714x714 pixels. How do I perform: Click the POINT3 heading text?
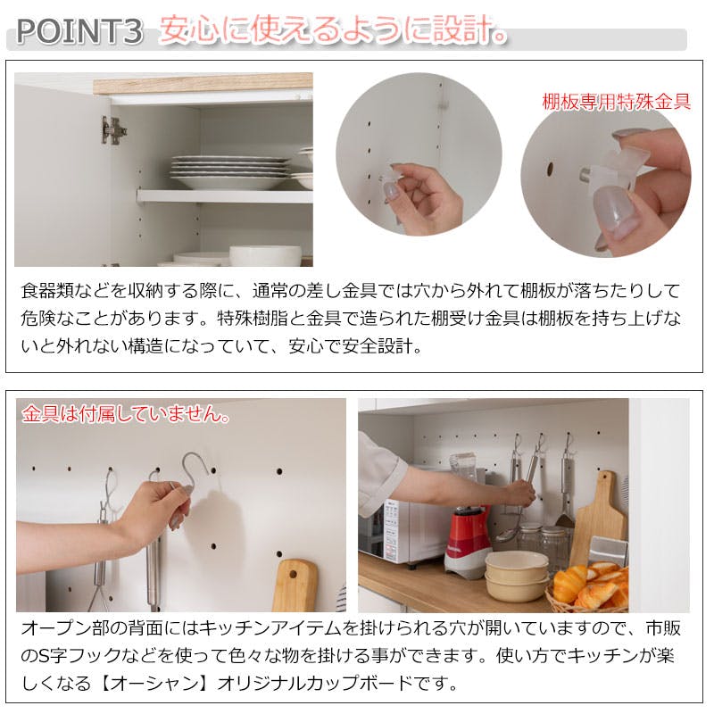click(x=79, y=32)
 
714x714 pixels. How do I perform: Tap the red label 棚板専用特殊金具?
click(x=616, y=101)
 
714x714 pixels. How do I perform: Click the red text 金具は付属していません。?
click(x=126, y=414)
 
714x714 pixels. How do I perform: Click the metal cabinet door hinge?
click(x=113, y=130)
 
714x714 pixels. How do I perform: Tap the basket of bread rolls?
click(x=589, y=585)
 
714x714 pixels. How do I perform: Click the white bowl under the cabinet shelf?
click(x=265, y=256)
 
